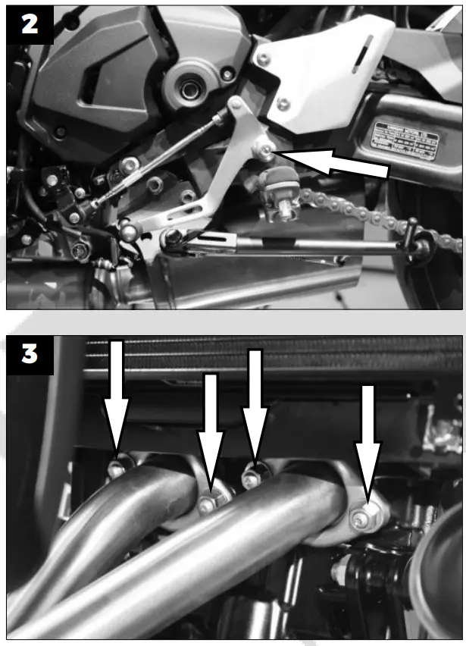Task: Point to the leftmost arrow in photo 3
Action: pos(117,398)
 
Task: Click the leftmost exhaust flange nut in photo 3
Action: pos(115,469)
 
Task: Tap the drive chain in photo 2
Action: pos(356,212)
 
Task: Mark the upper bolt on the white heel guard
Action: pos(263,58)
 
